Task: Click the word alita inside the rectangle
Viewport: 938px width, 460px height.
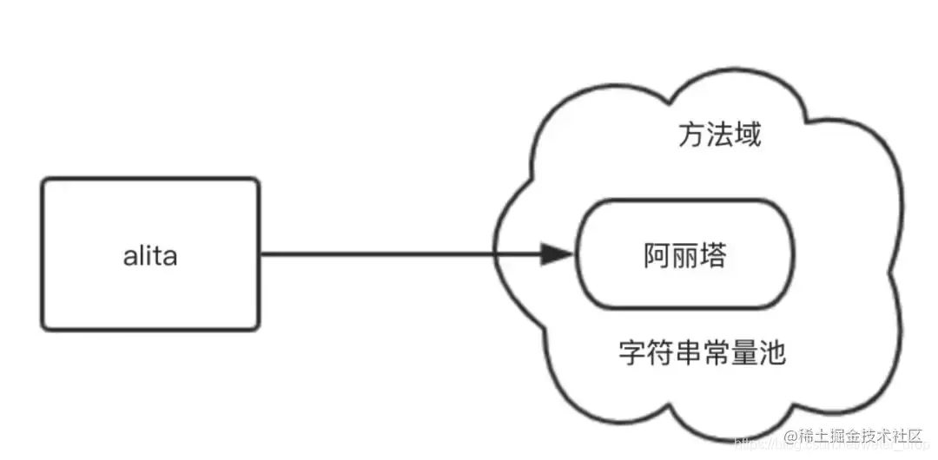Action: [x=150, y=256]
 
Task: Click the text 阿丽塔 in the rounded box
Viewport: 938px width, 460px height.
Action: [x=685, y=256]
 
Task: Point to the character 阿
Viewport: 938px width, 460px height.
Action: [x=657, y=256]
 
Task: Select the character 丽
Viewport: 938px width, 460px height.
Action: [x=685, y=256]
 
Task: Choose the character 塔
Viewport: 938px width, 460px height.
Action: [x=713, y=256]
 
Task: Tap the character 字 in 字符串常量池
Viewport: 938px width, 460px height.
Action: [x=631, y=352]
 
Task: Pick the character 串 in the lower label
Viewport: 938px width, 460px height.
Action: [x=688, y=352]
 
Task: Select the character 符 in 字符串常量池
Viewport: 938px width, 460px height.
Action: [x=660, y=352]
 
